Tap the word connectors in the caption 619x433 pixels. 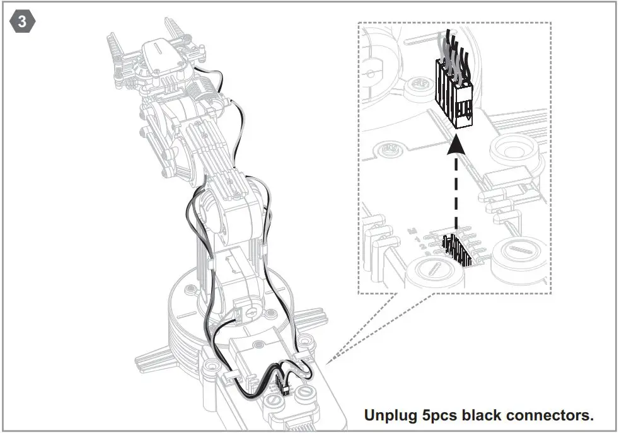click(552, 415)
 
